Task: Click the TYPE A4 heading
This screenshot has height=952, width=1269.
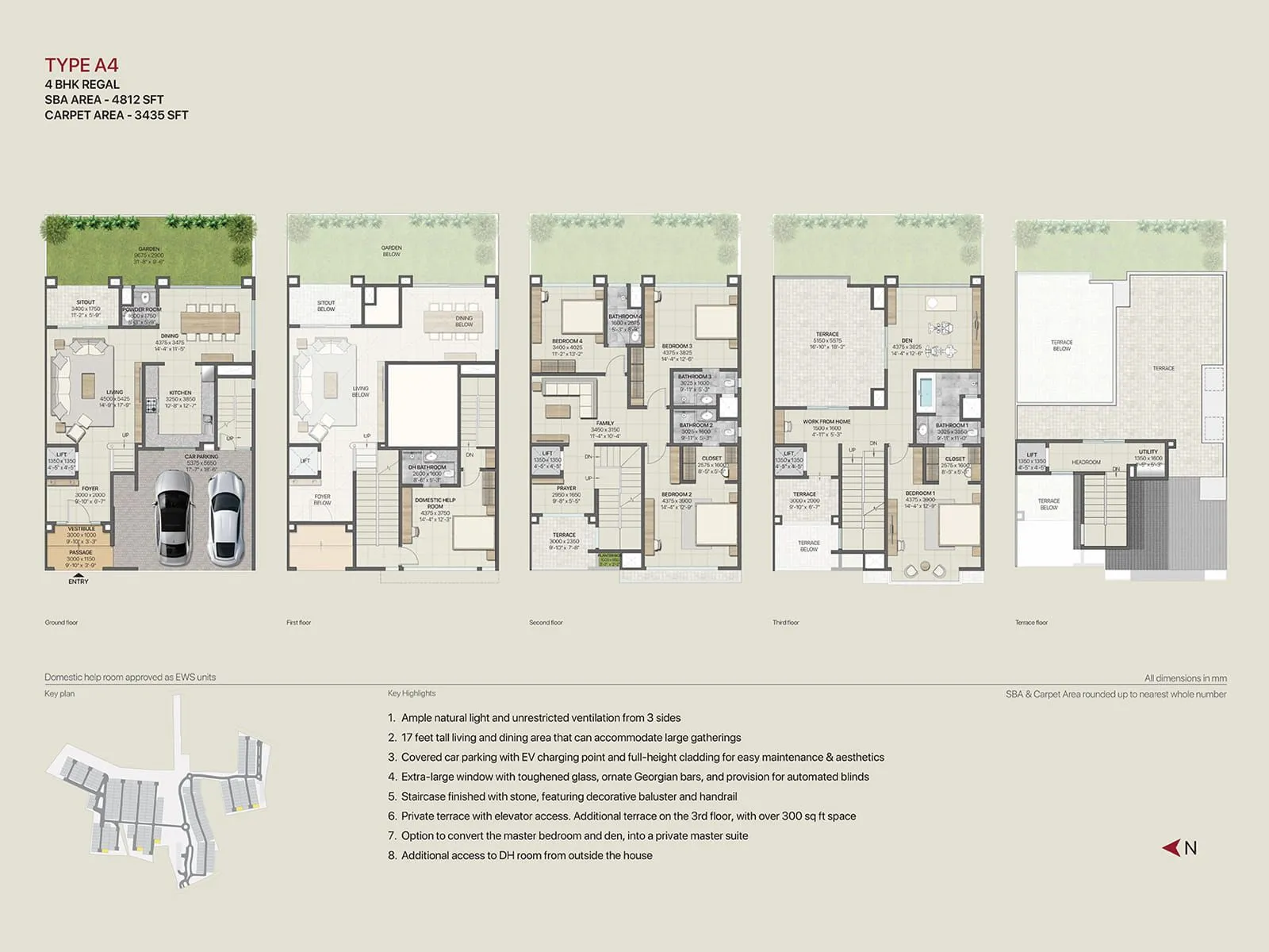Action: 82,65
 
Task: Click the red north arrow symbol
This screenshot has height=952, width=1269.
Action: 1171,848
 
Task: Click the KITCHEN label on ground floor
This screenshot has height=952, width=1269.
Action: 180,393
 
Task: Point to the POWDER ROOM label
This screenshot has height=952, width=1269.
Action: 142,309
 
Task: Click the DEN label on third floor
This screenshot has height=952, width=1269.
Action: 907,340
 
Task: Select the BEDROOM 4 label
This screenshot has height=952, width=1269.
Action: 567,341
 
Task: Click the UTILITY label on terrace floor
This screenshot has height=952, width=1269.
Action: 1148,451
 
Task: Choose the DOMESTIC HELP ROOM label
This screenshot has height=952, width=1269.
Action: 435,503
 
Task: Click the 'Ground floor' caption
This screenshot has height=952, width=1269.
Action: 61,623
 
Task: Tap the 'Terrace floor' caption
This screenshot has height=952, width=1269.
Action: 1031,623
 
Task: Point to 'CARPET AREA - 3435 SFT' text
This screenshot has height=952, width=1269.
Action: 117,115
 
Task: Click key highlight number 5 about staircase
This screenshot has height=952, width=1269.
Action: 569,797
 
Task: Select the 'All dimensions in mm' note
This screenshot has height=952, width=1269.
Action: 1185,678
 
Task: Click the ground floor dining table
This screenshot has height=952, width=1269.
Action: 210,321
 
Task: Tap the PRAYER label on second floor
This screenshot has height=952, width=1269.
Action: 566,488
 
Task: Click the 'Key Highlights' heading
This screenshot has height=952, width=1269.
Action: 412,693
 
